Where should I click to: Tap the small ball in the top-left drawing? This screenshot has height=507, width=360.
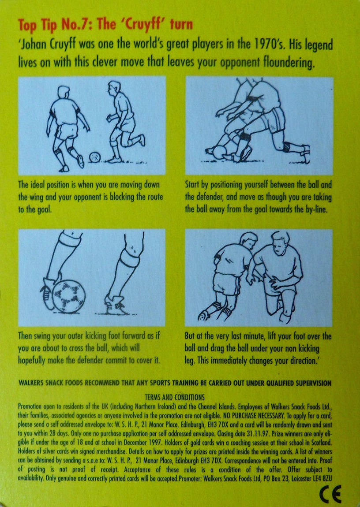[x=94, y=157]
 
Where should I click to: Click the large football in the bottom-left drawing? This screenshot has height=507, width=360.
[x=68, y=297]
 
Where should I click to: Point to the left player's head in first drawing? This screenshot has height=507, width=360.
[x=64, y=93]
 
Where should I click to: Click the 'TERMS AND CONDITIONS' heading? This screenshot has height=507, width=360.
[x=175, y=397]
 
